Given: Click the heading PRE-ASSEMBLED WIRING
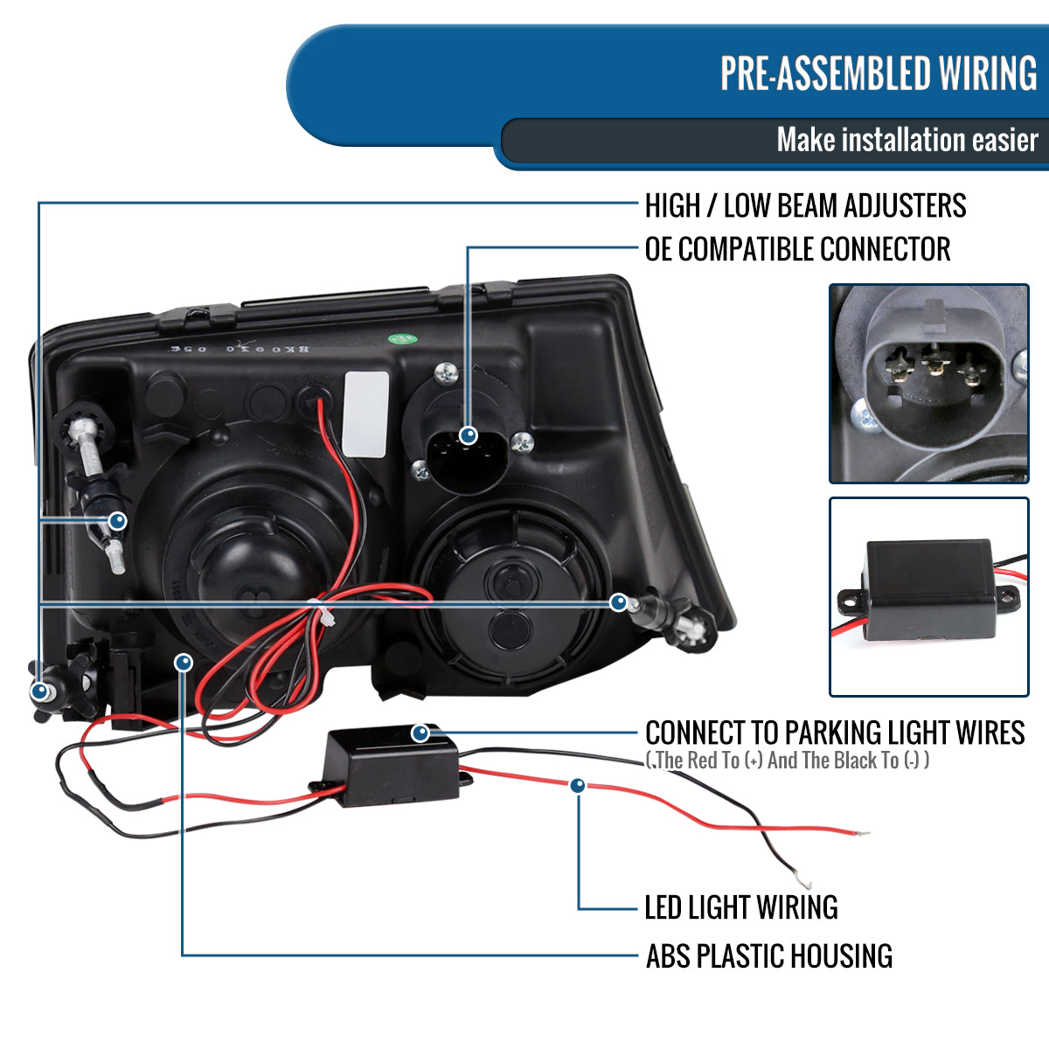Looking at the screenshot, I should [878, 73].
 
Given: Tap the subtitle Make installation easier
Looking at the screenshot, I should [907, 140].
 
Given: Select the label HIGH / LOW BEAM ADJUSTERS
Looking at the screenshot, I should [805, 206].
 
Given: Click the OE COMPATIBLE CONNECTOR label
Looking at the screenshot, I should [797, 249].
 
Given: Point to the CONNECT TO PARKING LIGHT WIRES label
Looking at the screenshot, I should [835, 733].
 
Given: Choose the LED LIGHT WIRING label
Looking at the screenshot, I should [741, 907].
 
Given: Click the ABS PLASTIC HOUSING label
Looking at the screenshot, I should [769, 956].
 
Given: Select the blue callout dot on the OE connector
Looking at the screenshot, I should [469, 434].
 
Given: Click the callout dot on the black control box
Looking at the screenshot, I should [420, 733].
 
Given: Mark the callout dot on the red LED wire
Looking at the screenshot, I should [577, 786].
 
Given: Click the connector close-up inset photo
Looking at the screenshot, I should [928, 383].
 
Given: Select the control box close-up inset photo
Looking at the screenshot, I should [928, 596].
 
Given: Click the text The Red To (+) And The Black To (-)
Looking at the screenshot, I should [787, 761].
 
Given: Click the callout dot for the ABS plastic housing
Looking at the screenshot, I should [183, 663].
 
